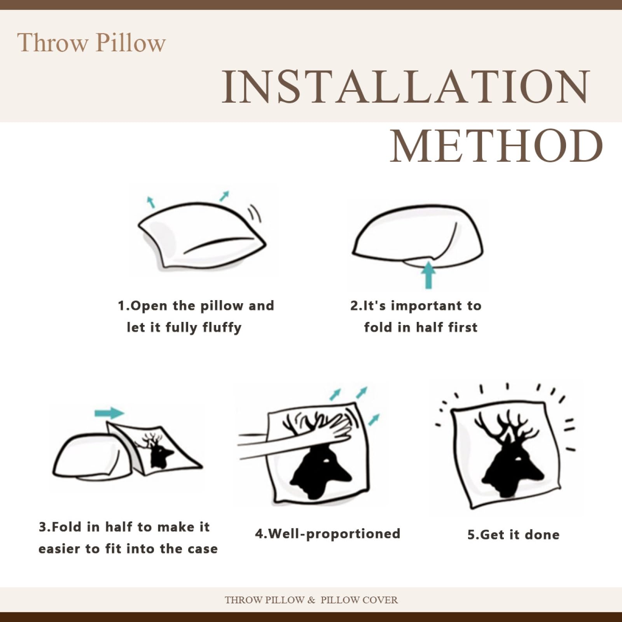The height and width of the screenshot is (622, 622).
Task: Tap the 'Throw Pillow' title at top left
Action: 91,42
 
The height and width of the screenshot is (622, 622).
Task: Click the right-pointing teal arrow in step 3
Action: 110,412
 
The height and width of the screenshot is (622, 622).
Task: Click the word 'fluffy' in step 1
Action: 222,327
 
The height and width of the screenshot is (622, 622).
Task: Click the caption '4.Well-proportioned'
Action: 327,534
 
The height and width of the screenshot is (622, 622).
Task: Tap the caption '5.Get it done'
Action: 513,535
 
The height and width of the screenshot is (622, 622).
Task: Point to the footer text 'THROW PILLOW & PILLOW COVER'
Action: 311,599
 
